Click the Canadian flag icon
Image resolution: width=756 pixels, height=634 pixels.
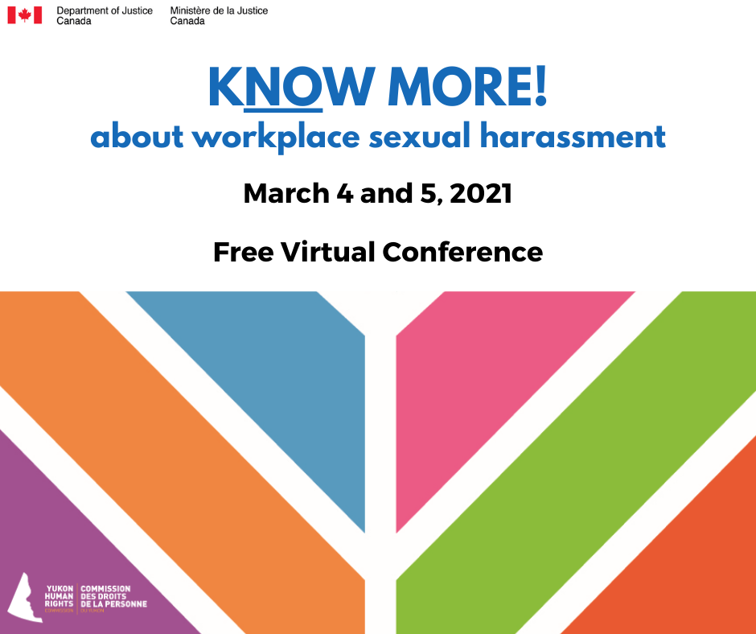[25, 15]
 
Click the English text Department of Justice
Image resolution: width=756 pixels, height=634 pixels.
[105, 10]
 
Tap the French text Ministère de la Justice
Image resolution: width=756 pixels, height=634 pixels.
[219, 10]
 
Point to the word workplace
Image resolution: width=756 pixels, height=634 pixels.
[277, 137]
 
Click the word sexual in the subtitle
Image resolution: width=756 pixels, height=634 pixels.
[420, 136]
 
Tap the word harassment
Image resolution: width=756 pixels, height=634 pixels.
[573, 136]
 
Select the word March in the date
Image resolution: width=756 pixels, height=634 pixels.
[286, 193]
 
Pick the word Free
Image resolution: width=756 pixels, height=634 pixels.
[244, 252]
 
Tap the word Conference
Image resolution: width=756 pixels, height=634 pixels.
[463, 252]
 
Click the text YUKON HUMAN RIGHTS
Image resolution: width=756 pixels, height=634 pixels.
[60, 596]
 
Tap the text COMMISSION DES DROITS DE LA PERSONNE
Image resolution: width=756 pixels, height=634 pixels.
[113, 596]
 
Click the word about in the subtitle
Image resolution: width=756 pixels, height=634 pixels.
[137, 136]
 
